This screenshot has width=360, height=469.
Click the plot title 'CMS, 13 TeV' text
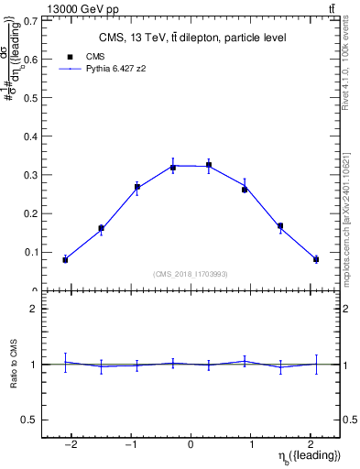point(191,38)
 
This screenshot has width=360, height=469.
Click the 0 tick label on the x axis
point(191,443)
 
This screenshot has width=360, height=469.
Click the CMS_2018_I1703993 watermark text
point(191,274)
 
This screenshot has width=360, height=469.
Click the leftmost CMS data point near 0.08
point(65,260)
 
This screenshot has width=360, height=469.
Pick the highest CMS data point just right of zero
point(209,166)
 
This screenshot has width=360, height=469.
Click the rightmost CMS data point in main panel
point(316,259)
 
